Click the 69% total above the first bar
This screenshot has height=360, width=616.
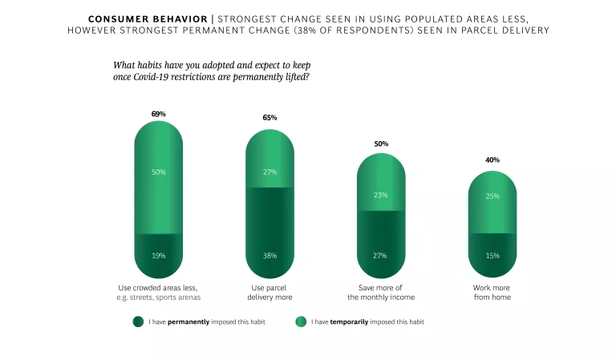tap(158, 114)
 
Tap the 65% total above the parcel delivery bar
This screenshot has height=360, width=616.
tap(269, 118)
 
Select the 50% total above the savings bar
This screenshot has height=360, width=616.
tap(381, 144)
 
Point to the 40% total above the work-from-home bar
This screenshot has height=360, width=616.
tap(492, 160)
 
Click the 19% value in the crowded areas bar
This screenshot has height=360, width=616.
tap(158, 256)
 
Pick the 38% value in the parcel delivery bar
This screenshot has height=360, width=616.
tap(269, 256)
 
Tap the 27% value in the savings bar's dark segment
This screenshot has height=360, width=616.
tap(380, 256)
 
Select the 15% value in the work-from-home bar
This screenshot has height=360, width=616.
tap(492, 256)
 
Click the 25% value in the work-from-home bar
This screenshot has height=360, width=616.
tap(492, 196)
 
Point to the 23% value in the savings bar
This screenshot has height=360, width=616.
tap(380, 195)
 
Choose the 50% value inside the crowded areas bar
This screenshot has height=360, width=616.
tap(158, 172)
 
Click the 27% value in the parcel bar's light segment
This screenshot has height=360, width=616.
tap(269, 172)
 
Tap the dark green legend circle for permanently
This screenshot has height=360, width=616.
tap(138, 322)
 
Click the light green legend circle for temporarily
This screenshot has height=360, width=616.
tap(301, 322)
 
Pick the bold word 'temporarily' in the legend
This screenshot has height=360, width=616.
tap(351, 322)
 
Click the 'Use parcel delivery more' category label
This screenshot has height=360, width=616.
tap(269, 292)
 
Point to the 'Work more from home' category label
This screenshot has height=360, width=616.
tap(492, 292)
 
